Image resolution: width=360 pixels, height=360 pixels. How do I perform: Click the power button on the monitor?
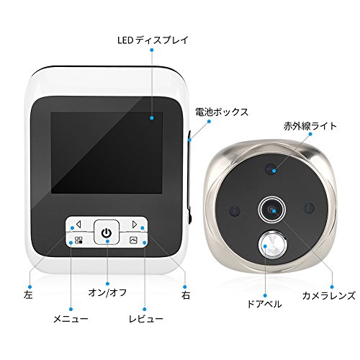[107, 232]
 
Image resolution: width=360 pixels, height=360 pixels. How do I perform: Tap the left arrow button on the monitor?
[79, 225]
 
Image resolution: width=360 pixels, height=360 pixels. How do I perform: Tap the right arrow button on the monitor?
[134, 225]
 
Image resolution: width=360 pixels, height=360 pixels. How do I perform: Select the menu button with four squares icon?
[79, 240]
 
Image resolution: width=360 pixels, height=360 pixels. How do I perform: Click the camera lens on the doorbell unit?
[272, 210]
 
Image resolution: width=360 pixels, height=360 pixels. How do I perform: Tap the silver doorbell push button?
[272, 245]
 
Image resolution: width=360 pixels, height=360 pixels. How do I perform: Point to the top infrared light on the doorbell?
[271, 169]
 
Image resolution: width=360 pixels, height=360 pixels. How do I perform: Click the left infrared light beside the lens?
[235, 211]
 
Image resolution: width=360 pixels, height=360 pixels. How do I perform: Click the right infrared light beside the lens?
[309, 208]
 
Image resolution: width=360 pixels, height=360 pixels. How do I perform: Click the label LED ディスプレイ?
[153, 40]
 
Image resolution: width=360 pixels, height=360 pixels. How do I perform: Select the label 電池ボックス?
[222, 112]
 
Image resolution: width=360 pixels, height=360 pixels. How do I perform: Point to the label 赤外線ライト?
[310, 126]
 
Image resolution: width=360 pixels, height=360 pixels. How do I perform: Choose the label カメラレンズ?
[328, 295]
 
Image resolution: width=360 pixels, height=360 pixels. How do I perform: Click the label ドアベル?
[264, 304]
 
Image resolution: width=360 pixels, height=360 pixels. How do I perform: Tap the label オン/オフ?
[107, 292]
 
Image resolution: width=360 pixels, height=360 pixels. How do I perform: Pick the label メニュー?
[71, 319]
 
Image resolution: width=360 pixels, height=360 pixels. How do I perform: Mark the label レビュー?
[146, 319]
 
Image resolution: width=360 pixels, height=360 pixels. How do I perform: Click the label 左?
[28, 295]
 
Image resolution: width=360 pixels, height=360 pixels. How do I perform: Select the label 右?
[186, 295]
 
